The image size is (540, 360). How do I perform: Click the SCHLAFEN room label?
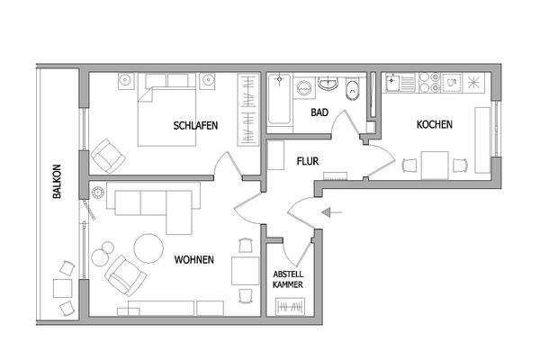coord(194,126)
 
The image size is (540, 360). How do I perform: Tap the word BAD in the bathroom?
coord(319,112)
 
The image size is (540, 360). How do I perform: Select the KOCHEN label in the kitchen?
coord(434,125)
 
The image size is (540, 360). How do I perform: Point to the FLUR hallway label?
coord(309,163)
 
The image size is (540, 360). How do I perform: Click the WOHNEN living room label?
coord(194,260)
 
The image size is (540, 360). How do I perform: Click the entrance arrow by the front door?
coord(332,213)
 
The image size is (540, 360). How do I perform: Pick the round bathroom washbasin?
coord(328,86)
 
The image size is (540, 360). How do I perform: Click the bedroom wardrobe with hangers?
coord(247,110)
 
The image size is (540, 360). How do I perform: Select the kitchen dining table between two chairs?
coord(435,166)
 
